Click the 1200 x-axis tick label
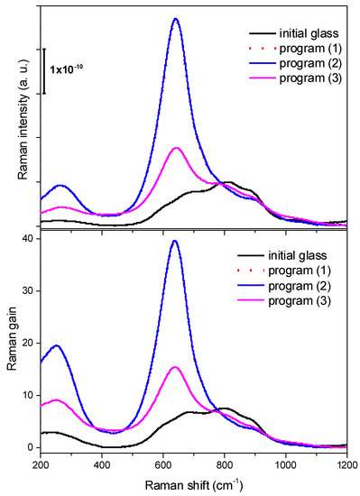click(345, 465)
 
